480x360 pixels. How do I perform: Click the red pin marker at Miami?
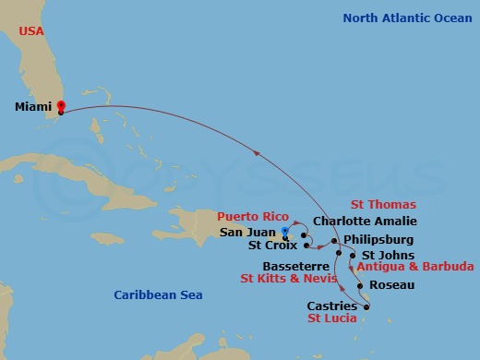61,106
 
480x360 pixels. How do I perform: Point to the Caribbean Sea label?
158,294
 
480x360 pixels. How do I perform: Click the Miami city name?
32,106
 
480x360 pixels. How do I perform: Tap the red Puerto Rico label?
247,217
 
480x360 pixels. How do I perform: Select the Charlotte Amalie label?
365,222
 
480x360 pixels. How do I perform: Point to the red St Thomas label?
383,205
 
